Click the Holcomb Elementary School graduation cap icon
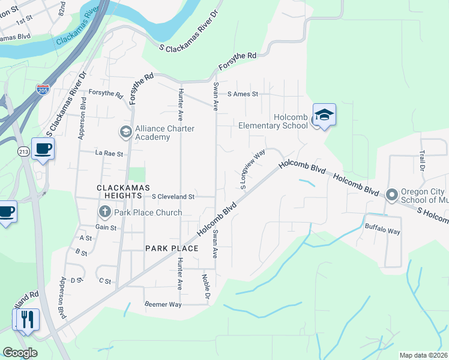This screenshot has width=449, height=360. tap(324, 115)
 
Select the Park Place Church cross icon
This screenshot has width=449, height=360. tap(104, 212)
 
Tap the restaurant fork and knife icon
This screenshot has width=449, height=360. tap(26, 320)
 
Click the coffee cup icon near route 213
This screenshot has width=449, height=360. tap(43, 148)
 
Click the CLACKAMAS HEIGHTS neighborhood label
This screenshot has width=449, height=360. tap(128, 188)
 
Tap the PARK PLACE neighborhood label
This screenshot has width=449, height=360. tap(172, 248)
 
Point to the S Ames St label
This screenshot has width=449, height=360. tap(243, 94)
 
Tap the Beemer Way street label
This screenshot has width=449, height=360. tap(163, 305)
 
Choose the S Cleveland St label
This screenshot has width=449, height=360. tap(173, 196)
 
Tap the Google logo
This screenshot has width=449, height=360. tap(20, 353)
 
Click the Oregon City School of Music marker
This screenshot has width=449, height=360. tap(392, 195)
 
